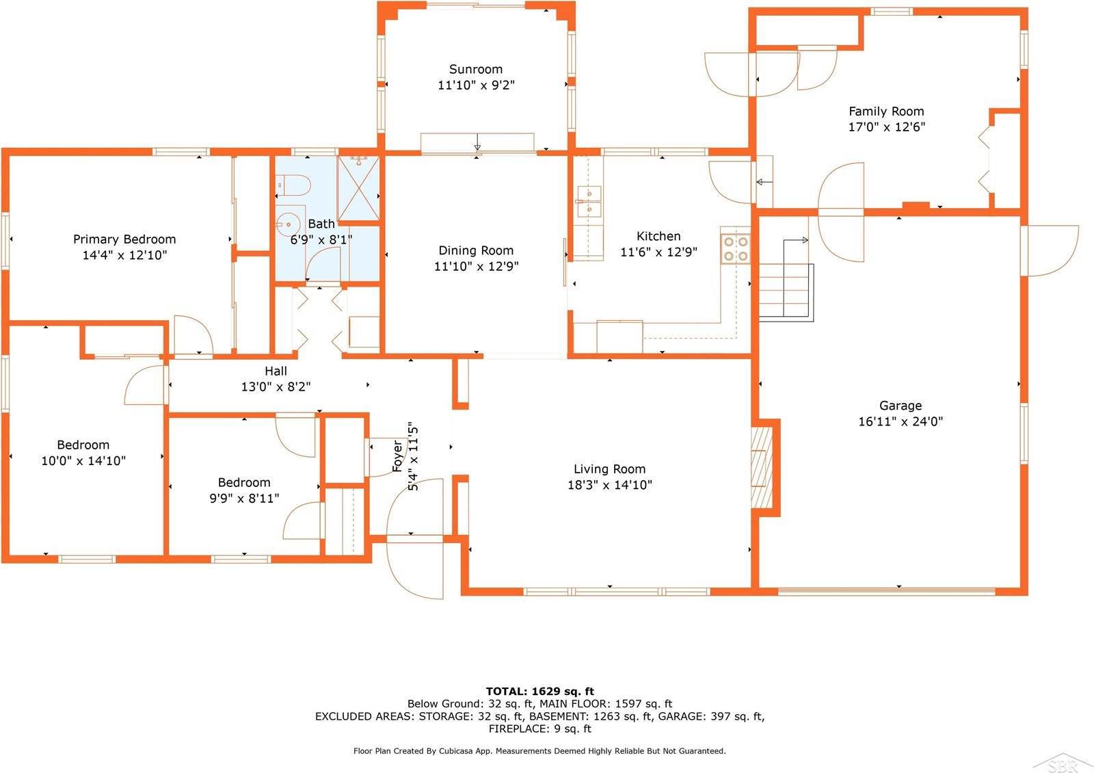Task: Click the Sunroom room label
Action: [475, 69]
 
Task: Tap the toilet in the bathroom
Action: [294, 185]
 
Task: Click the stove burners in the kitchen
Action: [735, 248]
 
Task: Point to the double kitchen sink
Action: [588, 202]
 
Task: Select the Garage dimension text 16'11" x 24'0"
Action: [900, 422]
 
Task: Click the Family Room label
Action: [886, 111]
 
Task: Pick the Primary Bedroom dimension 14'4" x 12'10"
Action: [124, 255]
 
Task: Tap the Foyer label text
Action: [398, 456]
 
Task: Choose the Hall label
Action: [276, 371]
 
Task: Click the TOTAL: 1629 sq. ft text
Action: [539, 691]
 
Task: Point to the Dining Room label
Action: [475, 250]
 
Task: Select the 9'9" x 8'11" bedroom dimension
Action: [244, 499]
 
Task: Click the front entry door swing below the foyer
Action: [414, 568]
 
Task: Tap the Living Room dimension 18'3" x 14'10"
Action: [609, 485]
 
